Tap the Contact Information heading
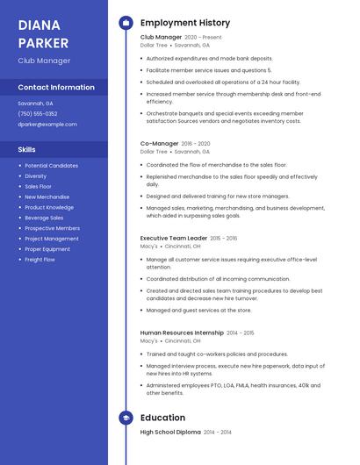click(56, 88)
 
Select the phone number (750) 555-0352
click(38, 114)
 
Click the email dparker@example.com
click(47, 125)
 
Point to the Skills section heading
click(26, 150)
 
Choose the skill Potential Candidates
click(51, 166)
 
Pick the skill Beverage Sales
click(44, 218)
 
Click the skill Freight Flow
click(40, 260)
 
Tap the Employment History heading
click(185, 23)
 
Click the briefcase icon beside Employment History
click(126, 23)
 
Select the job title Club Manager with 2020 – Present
click(162, 38)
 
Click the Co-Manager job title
click(159, 144)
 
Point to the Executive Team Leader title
click(174, 238)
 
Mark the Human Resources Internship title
click(182, 333)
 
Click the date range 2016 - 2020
click(196, 144)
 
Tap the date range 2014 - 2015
click(241, 333)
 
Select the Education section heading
click(162, 418)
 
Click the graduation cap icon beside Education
click(126, 418)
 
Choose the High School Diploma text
click(170, 433)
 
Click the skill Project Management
click(51, 239)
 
